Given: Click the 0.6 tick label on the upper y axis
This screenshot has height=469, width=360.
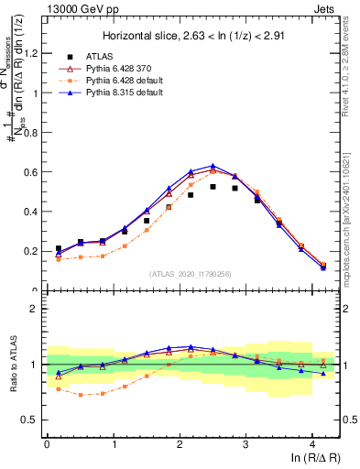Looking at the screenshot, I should [30, 172].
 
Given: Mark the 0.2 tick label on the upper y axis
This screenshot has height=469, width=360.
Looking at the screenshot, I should [30, 251].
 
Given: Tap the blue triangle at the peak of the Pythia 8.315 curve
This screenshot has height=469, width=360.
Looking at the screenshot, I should [213, 166].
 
